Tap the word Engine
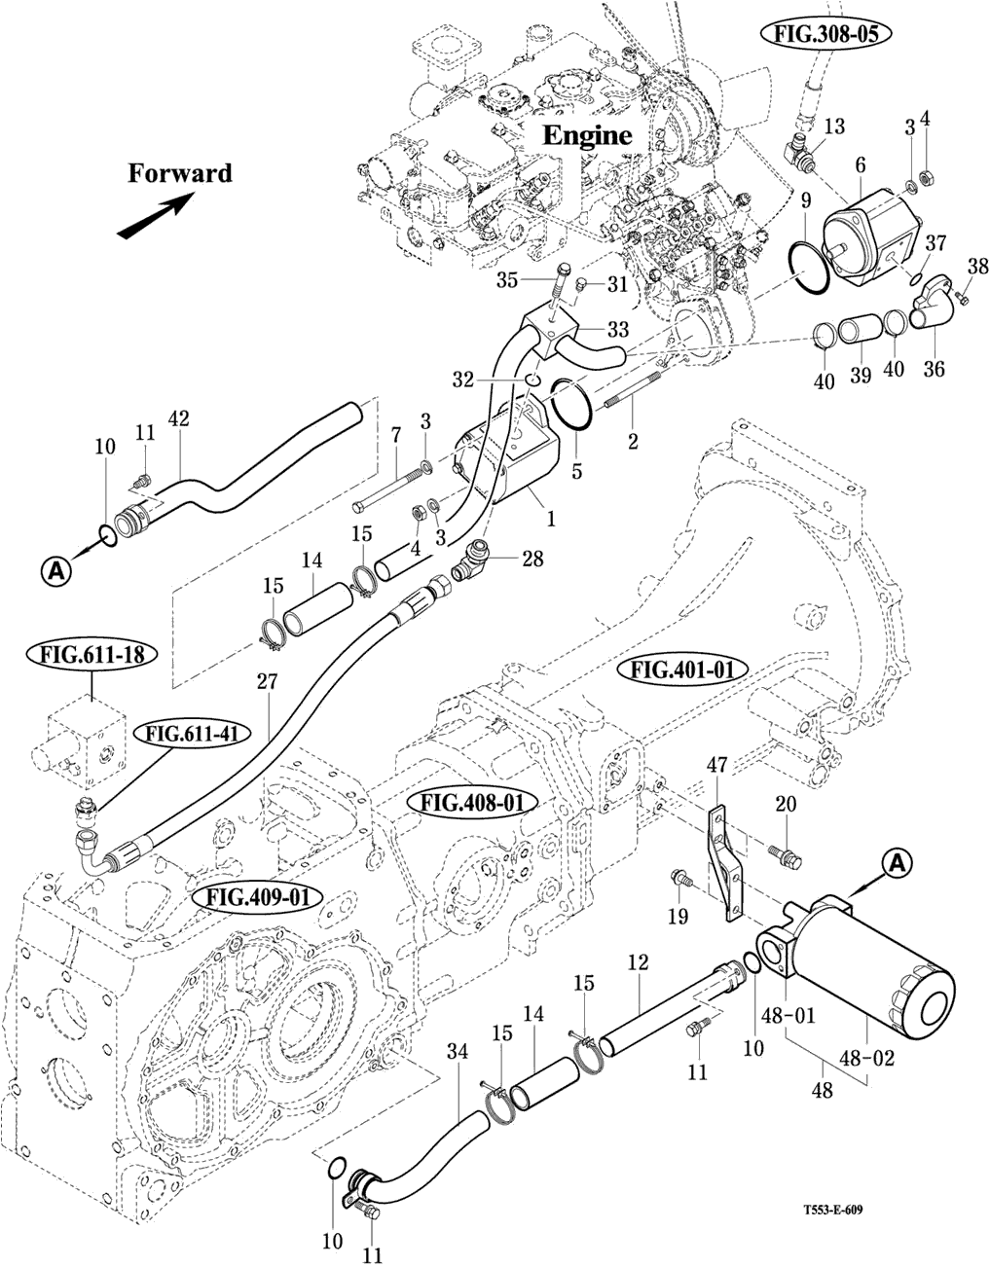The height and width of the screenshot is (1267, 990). (586, 135)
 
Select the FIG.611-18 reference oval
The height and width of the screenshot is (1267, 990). (92, 654)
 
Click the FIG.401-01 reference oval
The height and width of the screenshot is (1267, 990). (688, 670)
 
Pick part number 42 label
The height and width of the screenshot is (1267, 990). (179, 419)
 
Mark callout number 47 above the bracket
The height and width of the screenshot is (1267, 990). (717, 766)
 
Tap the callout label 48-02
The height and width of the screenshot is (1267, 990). (874, 1056)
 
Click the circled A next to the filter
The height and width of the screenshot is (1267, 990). (898, 861)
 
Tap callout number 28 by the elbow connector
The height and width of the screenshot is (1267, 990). (532, 559)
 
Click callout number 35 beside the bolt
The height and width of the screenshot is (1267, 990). (506, 281)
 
